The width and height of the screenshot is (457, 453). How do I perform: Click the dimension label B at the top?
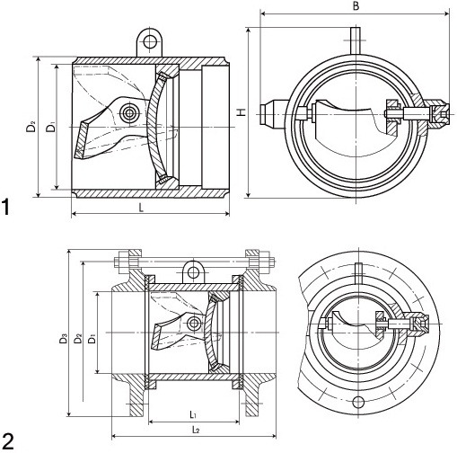click(356, 6)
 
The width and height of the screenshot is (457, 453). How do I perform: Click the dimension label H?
click(242, 111)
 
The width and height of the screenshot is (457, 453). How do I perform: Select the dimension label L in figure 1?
click(141, 207)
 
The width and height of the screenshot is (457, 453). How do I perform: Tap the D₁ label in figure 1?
click(50, 127)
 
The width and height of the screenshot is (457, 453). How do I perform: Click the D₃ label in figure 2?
click(63, 339)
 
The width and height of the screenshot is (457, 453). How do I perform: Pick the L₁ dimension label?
click(193, 414)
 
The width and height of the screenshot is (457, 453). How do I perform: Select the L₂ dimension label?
click(196, 430)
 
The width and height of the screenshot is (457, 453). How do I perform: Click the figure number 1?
click(6, 207)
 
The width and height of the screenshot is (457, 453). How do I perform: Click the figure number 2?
click(7, 440)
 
